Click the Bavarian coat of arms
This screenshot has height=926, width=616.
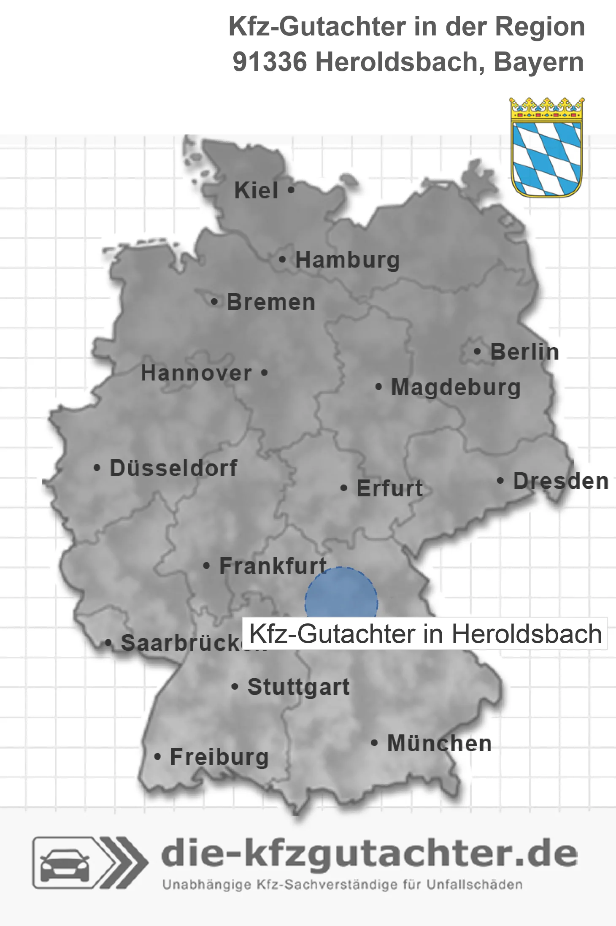tap(547, 147)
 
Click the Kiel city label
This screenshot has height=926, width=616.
tap(256, 190)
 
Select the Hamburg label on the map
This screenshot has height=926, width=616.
tap(347, 260)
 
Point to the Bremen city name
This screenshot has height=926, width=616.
tap(271, 302)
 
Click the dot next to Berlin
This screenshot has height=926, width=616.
tap(478, 351)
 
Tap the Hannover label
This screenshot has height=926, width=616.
tap(196, 373)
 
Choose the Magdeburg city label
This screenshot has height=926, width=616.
tap(456, 387)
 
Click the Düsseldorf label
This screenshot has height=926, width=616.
tap(173, 468)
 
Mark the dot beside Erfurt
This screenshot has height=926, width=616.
tap(344, 488)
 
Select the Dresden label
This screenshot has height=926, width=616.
tap(561, 481)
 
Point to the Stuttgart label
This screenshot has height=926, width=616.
tap(298, 687)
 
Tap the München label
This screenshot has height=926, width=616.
tap(439, 743)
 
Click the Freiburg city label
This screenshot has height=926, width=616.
tap(219, 757)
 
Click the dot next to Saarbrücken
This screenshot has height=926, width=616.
tap(108, 643)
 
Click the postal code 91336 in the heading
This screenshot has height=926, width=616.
tap(270, 62)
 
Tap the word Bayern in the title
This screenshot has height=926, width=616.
tap(539, 62)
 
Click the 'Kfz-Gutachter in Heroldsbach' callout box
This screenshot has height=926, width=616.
tap(425, 634)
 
